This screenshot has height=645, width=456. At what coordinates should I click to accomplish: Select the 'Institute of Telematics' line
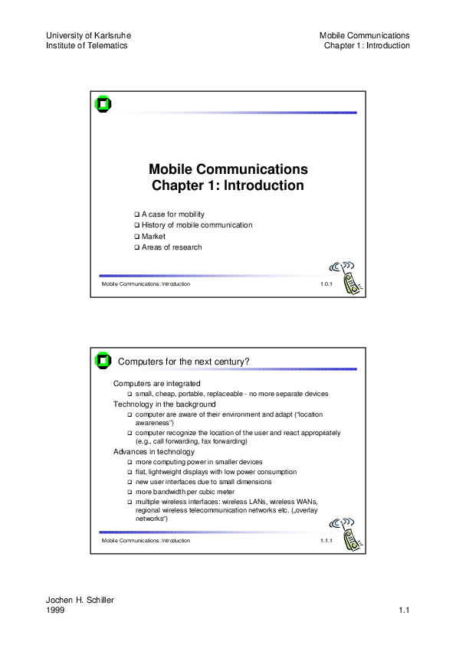coord(87,45)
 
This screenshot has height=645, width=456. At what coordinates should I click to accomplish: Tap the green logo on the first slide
coord(103,105)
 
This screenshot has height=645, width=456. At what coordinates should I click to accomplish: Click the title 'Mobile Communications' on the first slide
coord(228,169)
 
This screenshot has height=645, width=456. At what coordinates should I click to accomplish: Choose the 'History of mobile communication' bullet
coord(197,225)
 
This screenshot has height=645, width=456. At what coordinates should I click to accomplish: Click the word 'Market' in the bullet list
coord(153,236)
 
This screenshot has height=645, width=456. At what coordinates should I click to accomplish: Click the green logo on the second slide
coord(103,361)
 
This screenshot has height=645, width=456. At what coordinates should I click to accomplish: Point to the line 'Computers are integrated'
coord(157,383)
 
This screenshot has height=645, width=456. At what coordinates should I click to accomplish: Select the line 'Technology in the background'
coord(165,404)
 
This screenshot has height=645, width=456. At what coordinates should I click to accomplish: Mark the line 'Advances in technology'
coord(154,452)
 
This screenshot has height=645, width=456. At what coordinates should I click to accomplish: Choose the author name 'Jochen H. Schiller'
coord(80,600)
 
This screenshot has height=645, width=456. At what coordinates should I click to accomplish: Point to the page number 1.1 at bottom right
coord(405,611)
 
